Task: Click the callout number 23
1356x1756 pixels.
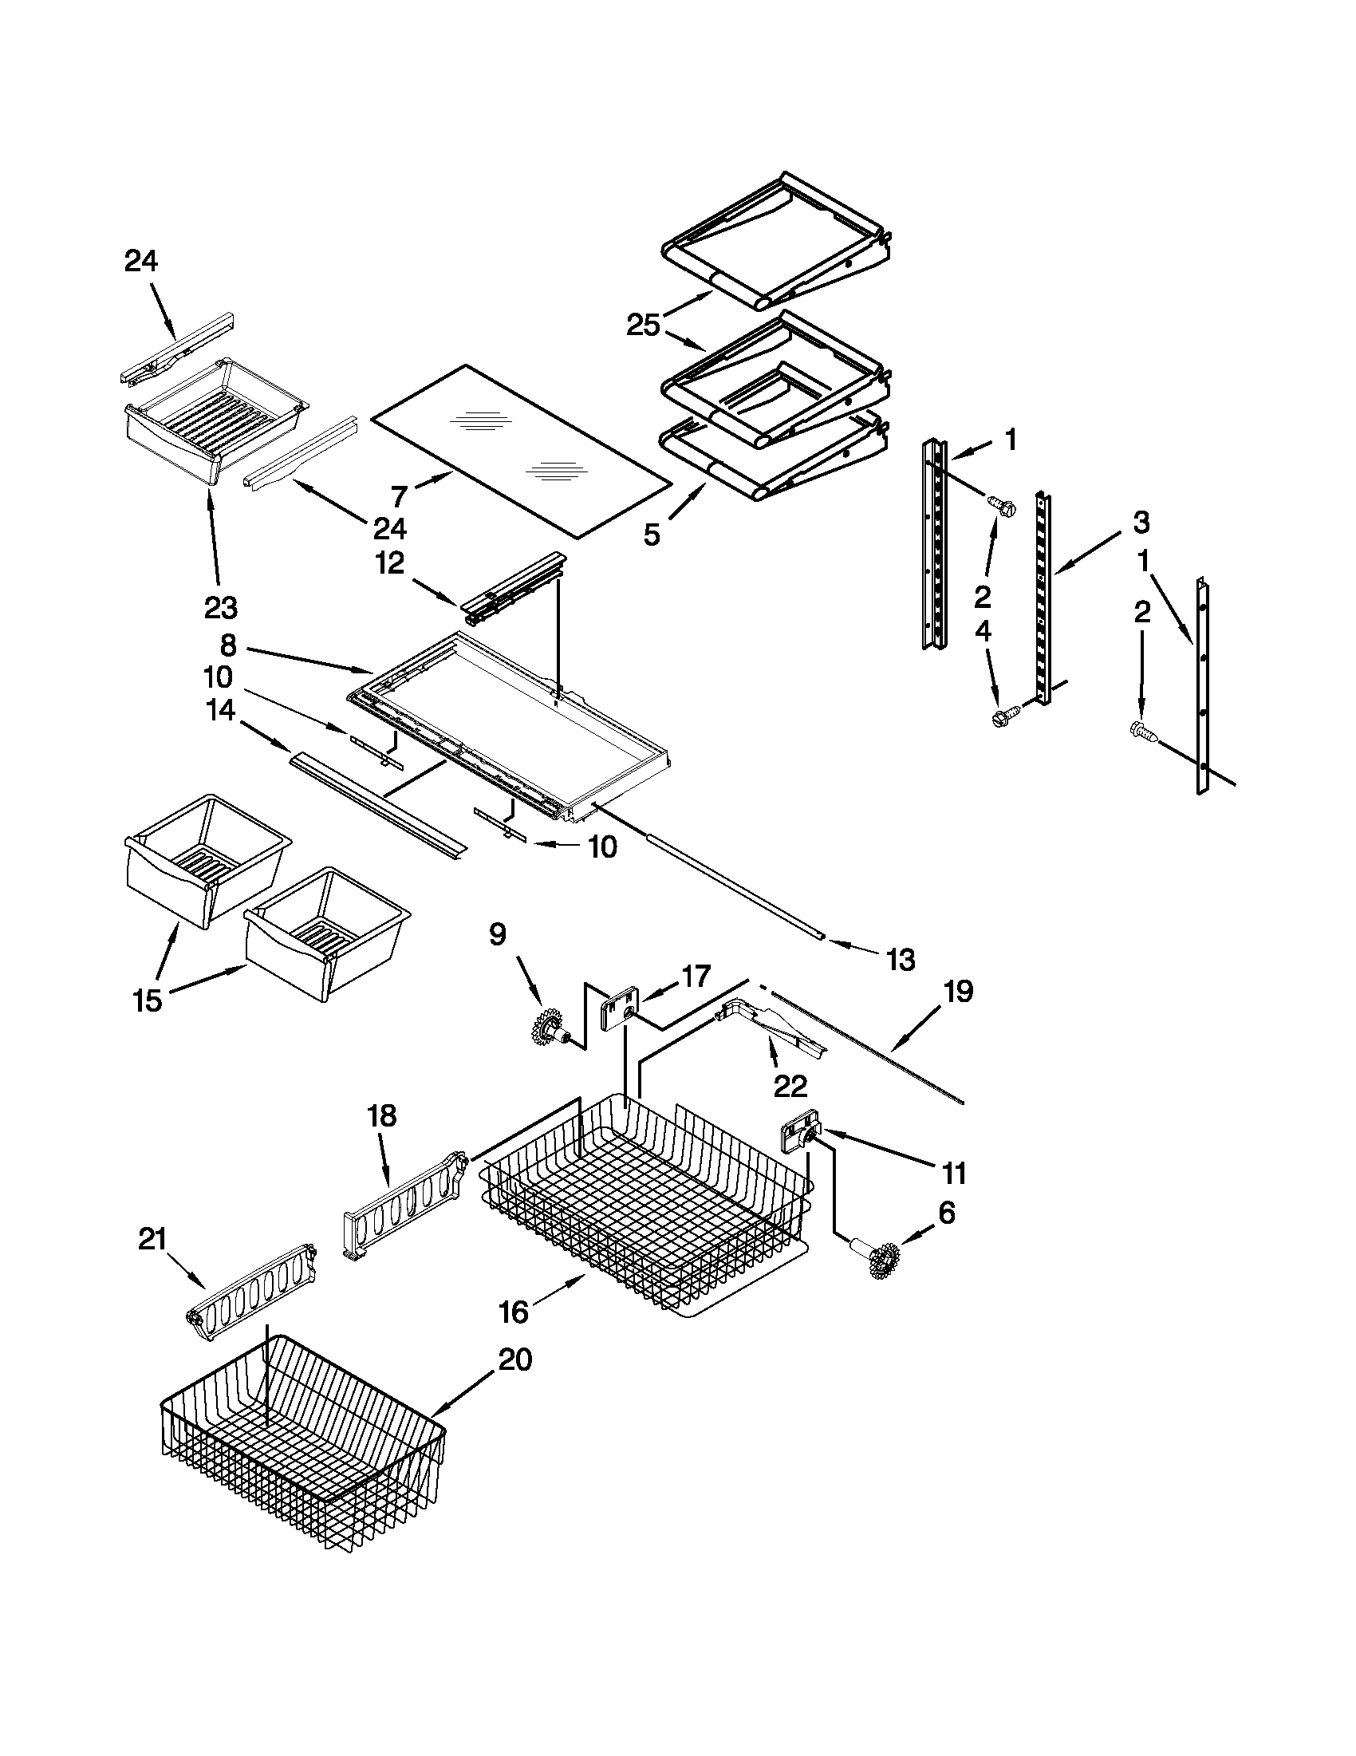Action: point(220,608)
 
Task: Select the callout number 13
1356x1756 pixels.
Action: point(900,959)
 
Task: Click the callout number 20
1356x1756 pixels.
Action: point(514,1359)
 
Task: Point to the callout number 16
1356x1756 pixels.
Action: point(514,1312)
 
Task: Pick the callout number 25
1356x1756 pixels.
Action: point(643,326)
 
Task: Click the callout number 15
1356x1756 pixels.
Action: point(148,1000)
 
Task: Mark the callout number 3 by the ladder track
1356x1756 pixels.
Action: point(1141,523)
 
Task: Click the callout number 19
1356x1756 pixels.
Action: point(957,992)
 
